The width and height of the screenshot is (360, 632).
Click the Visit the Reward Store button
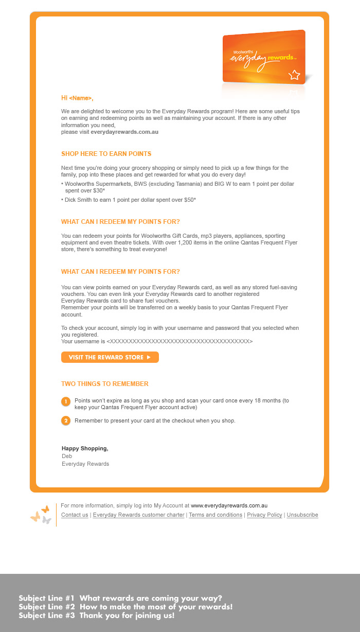point(110,357)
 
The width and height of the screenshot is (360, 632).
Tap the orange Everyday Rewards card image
point(264,57)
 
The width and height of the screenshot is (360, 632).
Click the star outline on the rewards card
point(294,75)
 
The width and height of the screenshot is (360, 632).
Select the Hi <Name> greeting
point(77,98)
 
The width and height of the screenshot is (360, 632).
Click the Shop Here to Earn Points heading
point(106,154)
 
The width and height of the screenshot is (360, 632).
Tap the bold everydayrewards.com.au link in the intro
point(124,132)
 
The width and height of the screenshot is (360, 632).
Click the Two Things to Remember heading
point(104,384)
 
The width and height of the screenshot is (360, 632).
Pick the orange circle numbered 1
point(66,401)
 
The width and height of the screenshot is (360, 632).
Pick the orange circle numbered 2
point(66,421)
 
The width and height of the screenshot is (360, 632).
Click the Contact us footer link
point(75,515)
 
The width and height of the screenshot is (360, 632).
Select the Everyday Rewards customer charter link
point(138,515)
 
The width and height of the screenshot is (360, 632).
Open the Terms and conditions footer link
point(215,515)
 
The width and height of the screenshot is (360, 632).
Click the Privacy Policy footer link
point(264,515)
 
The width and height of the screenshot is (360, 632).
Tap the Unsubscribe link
point(302,515)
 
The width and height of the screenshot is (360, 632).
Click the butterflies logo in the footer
point(41,514)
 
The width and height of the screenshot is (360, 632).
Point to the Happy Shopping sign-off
point(85,449)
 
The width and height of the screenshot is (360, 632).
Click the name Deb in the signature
point(67,457)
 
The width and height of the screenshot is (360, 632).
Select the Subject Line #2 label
point(47,607)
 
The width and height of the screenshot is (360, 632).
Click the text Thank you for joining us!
point(127,616)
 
